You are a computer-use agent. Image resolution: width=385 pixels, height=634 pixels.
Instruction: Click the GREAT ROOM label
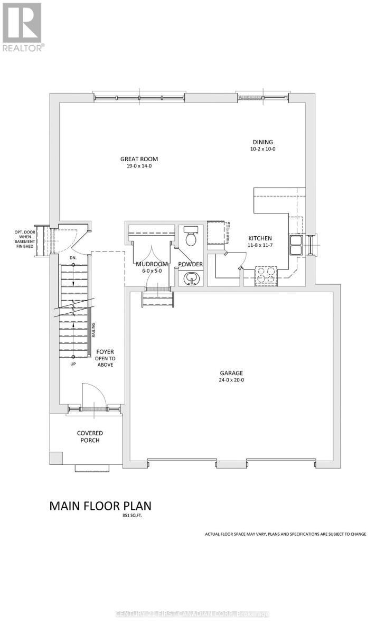[139, 159]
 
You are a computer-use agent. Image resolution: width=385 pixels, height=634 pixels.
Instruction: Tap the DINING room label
[262, 142]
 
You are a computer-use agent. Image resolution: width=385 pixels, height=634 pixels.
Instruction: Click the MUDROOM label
[152, 264]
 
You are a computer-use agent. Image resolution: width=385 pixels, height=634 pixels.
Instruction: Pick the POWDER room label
[190, 264]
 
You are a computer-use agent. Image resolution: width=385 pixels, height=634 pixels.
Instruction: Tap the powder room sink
[190, 278]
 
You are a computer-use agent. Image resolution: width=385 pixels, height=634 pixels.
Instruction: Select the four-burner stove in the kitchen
[266, 275]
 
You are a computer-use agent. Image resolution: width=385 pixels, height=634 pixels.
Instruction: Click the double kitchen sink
[295, 245]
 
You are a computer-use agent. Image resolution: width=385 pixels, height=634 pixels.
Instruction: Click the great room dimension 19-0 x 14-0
[139, 166]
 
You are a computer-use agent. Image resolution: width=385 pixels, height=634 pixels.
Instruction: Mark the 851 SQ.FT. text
[131, 516]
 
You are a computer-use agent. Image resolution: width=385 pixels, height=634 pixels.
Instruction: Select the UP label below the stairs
[73, 364]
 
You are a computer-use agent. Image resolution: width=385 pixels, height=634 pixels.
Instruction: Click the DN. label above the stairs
[73, 258]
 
